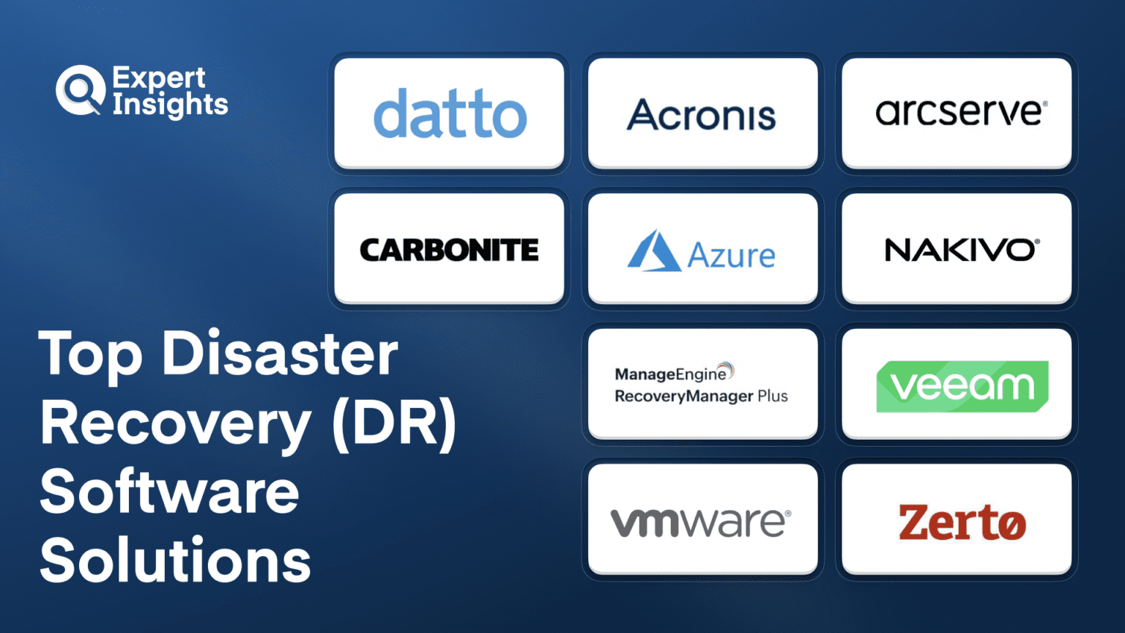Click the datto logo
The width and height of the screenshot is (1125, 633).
point(450,114)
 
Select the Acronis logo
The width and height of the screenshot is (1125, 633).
point(702,115)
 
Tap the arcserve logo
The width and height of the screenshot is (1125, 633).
point(960,113)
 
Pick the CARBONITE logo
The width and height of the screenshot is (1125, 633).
point(449,251)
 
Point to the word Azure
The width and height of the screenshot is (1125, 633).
point(731,256)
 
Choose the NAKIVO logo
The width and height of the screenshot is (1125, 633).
point(961,251)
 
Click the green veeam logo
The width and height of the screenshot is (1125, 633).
point(962,386)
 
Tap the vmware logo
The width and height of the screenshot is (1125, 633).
point(700,522)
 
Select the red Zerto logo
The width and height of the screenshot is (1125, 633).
point(962,522)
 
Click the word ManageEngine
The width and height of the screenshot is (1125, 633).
point(670,374)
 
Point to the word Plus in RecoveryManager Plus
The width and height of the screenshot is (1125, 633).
point(773,396)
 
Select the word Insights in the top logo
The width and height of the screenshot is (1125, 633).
point(170,105)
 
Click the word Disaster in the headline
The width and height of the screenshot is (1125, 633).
point(280,354)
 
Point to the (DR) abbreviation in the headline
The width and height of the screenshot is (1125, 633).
point(394,423)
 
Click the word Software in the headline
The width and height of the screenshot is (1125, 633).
point(169,492)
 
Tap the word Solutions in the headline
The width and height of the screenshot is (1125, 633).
point(175,560)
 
